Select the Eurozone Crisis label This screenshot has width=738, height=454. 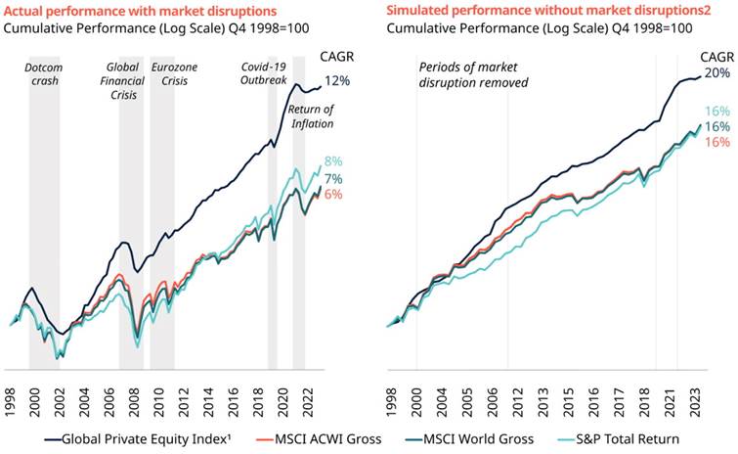[x=175, y=73]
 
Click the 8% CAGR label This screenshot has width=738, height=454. [x=333, y=160]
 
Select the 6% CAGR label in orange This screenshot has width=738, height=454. [x=333, y=194]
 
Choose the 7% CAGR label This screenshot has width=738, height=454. [x=333, y=178]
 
